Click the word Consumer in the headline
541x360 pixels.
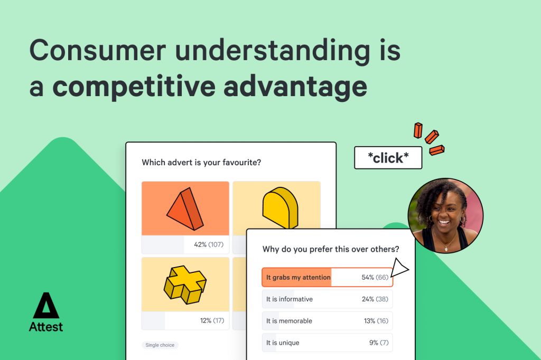[98, 50]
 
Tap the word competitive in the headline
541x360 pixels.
[134, 87]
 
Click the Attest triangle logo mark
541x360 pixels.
[46, 306]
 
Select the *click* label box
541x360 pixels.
[388, 158]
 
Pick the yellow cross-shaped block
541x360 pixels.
[185, 285]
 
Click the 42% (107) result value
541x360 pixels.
[209, 244]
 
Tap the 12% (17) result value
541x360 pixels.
[212, 321]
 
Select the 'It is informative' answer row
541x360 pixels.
[327, 299]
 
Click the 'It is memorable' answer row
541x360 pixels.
[327, 321]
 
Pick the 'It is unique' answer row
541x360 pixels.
[327, 343]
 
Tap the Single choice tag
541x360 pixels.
[160, 345]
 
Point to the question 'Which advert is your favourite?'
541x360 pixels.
[201, 163]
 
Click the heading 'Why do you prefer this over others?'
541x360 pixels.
[331, 249]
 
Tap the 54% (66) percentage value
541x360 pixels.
[375, 277]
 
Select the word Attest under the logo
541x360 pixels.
[46, 327]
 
